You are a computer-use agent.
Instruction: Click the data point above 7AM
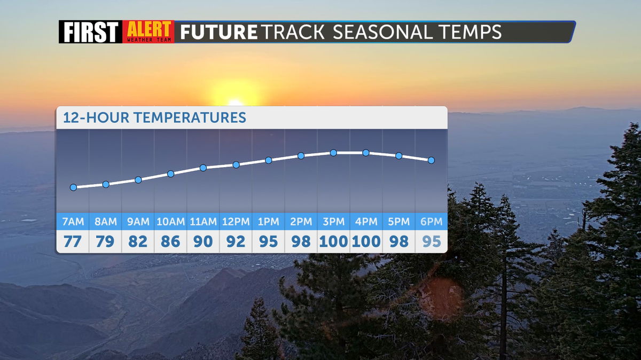pos(74,187)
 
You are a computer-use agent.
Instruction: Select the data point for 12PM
pos(236,165)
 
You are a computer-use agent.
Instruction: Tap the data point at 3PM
pos(333,153)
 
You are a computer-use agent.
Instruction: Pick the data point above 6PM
pos(431,160)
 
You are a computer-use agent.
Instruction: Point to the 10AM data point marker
pos(170,174)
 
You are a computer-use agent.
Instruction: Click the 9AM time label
pos(138,222)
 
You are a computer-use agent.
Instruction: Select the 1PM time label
pos(268,222)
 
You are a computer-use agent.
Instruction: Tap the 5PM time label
pos(398,222)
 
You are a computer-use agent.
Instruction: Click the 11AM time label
pos(203,222)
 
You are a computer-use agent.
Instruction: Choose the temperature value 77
pos(73,241)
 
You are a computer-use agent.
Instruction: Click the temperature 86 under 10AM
pos(170,241)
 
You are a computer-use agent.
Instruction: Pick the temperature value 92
pos(236,241)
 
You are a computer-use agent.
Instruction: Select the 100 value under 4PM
pos(366,241)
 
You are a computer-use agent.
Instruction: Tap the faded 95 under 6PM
pos(432,241)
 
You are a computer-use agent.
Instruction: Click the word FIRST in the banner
pos(91,32)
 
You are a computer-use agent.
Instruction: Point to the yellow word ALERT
pos(149,29)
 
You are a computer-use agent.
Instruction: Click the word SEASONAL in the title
pos(383,32)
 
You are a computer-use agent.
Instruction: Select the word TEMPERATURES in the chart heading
pos(190,118)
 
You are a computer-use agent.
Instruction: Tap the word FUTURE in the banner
pos(218,32)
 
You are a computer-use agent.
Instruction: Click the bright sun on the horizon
pos(236,95)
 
